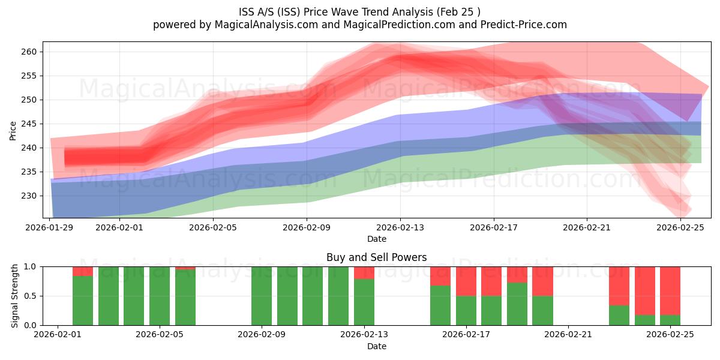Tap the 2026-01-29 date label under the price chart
50,227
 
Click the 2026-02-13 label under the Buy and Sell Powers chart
364,334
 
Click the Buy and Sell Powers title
376,257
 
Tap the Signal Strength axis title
16,296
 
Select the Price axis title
13,130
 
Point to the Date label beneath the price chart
376,239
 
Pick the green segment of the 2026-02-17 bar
466,310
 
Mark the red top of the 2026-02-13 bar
364,272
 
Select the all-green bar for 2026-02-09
262,296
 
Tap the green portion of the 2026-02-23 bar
619,315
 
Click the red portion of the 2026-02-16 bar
440,276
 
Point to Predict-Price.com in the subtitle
521,25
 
